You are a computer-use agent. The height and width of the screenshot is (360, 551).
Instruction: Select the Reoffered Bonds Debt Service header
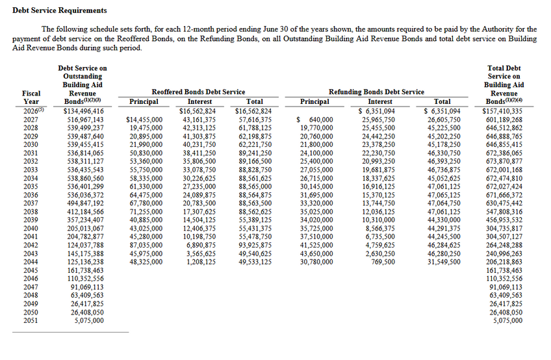(x=198, y=92)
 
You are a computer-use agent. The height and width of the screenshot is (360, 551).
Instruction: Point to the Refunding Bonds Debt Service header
(x=377, y=92)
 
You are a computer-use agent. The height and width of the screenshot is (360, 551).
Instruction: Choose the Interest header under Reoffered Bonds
(x=199, y=102)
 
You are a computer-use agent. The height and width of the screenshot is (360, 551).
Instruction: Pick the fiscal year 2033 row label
(x=31, y=170)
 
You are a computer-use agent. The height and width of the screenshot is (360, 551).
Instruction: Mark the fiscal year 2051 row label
(x=31, y=320)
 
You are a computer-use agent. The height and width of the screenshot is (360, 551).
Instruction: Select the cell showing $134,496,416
(x=83, y=111)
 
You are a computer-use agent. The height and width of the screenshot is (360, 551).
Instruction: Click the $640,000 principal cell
(x=314, y=120)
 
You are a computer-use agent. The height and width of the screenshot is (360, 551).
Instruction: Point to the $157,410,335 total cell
(x=503, y=111)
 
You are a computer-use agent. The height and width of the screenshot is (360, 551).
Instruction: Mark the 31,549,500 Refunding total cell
(x=444, y=262)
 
